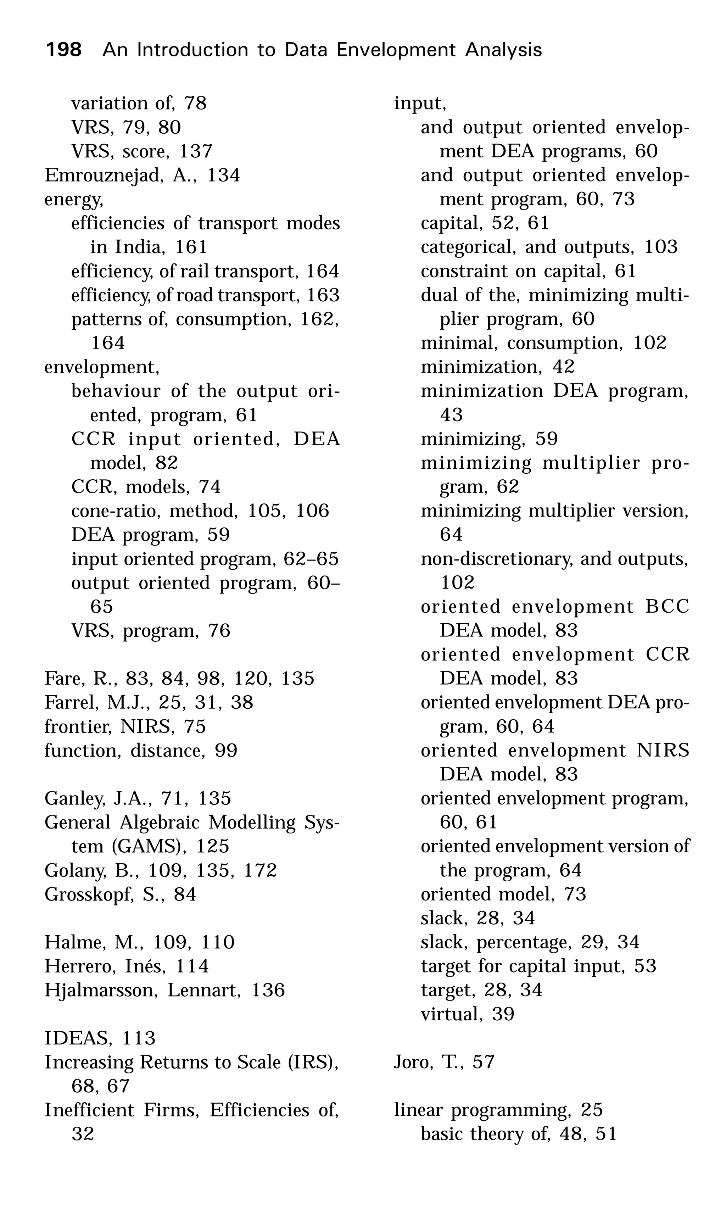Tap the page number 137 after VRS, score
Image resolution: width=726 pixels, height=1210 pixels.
pyautogui.click(x=196, y=151)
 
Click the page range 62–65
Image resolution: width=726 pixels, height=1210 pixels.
pyautogui.click(x=311, y=559)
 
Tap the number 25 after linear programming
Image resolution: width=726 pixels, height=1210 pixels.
pyautogui.click(x=591, y=1110)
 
